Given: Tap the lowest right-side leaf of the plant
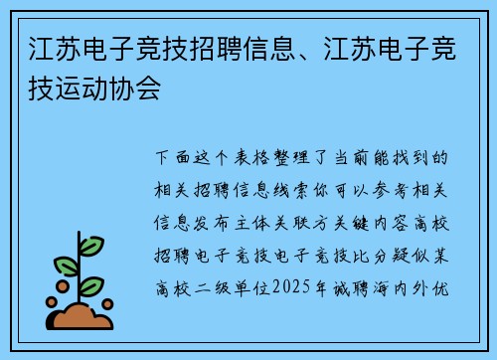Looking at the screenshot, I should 91,286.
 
